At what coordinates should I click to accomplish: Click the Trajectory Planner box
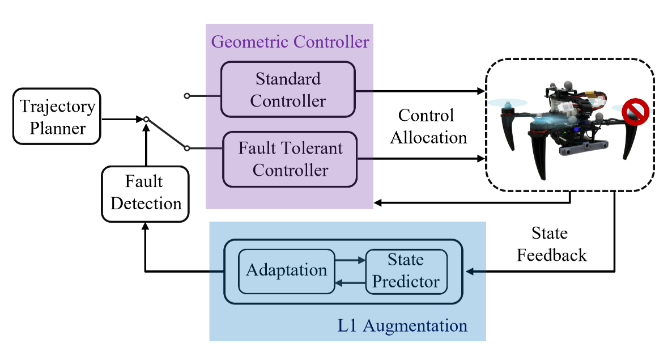point(57,117)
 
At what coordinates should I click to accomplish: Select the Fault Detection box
point(146,193)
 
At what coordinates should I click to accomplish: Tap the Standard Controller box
point(288,90)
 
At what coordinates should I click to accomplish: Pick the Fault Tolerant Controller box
point(290,159)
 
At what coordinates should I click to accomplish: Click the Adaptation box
point(286,270)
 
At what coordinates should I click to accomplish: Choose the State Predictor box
point(406,270)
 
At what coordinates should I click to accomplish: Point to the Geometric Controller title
point(290,42)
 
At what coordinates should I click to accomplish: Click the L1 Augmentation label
point(402,326)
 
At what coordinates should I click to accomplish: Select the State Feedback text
point(551,244)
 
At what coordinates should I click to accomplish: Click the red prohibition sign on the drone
point(635,112)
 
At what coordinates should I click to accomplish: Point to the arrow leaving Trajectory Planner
point(122,120)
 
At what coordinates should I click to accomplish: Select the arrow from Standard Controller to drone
point(419,90)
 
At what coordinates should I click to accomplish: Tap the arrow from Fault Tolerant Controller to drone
point(422,159)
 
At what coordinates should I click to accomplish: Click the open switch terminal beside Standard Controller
point(186,96)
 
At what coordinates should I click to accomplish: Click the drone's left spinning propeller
point(508,103)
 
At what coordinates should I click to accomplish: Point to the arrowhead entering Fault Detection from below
point(146,226)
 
